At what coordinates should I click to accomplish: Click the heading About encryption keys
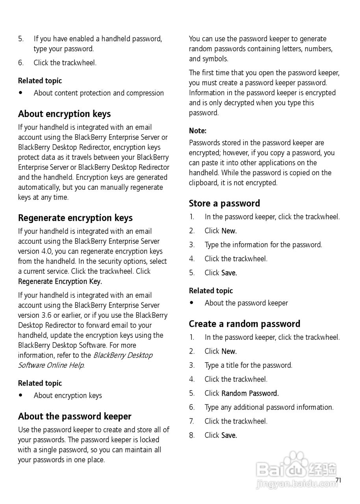click(x=64, y=114)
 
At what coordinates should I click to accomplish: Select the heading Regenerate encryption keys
click(x=75, y=218)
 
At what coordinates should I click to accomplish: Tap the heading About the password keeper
click(x=75, y=417)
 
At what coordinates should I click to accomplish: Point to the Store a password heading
click(x=225, y=204)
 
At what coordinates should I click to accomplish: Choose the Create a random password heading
click(x=245, y=324)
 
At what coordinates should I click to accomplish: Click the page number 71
click(x=338, y=480)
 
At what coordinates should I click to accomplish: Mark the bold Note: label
click(x=198, y=131)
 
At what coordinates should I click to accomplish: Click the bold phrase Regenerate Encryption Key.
click(x=60, y=282)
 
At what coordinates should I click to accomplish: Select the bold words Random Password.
click(x=250, y=393)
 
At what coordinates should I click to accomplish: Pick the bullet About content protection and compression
click(x=99, y=93)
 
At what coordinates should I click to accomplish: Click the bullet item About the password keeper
click(x=246, y=303)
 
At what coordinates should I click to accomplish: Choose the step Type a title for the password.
click(x=249, y=365)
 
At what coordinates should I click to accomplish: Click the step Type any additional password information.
click(x=269, y=408)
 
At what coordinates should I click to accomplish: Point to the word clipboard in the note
click(x=204, y=183)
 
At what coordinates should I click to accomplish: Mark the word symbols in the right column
click(x=215, y=59)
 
